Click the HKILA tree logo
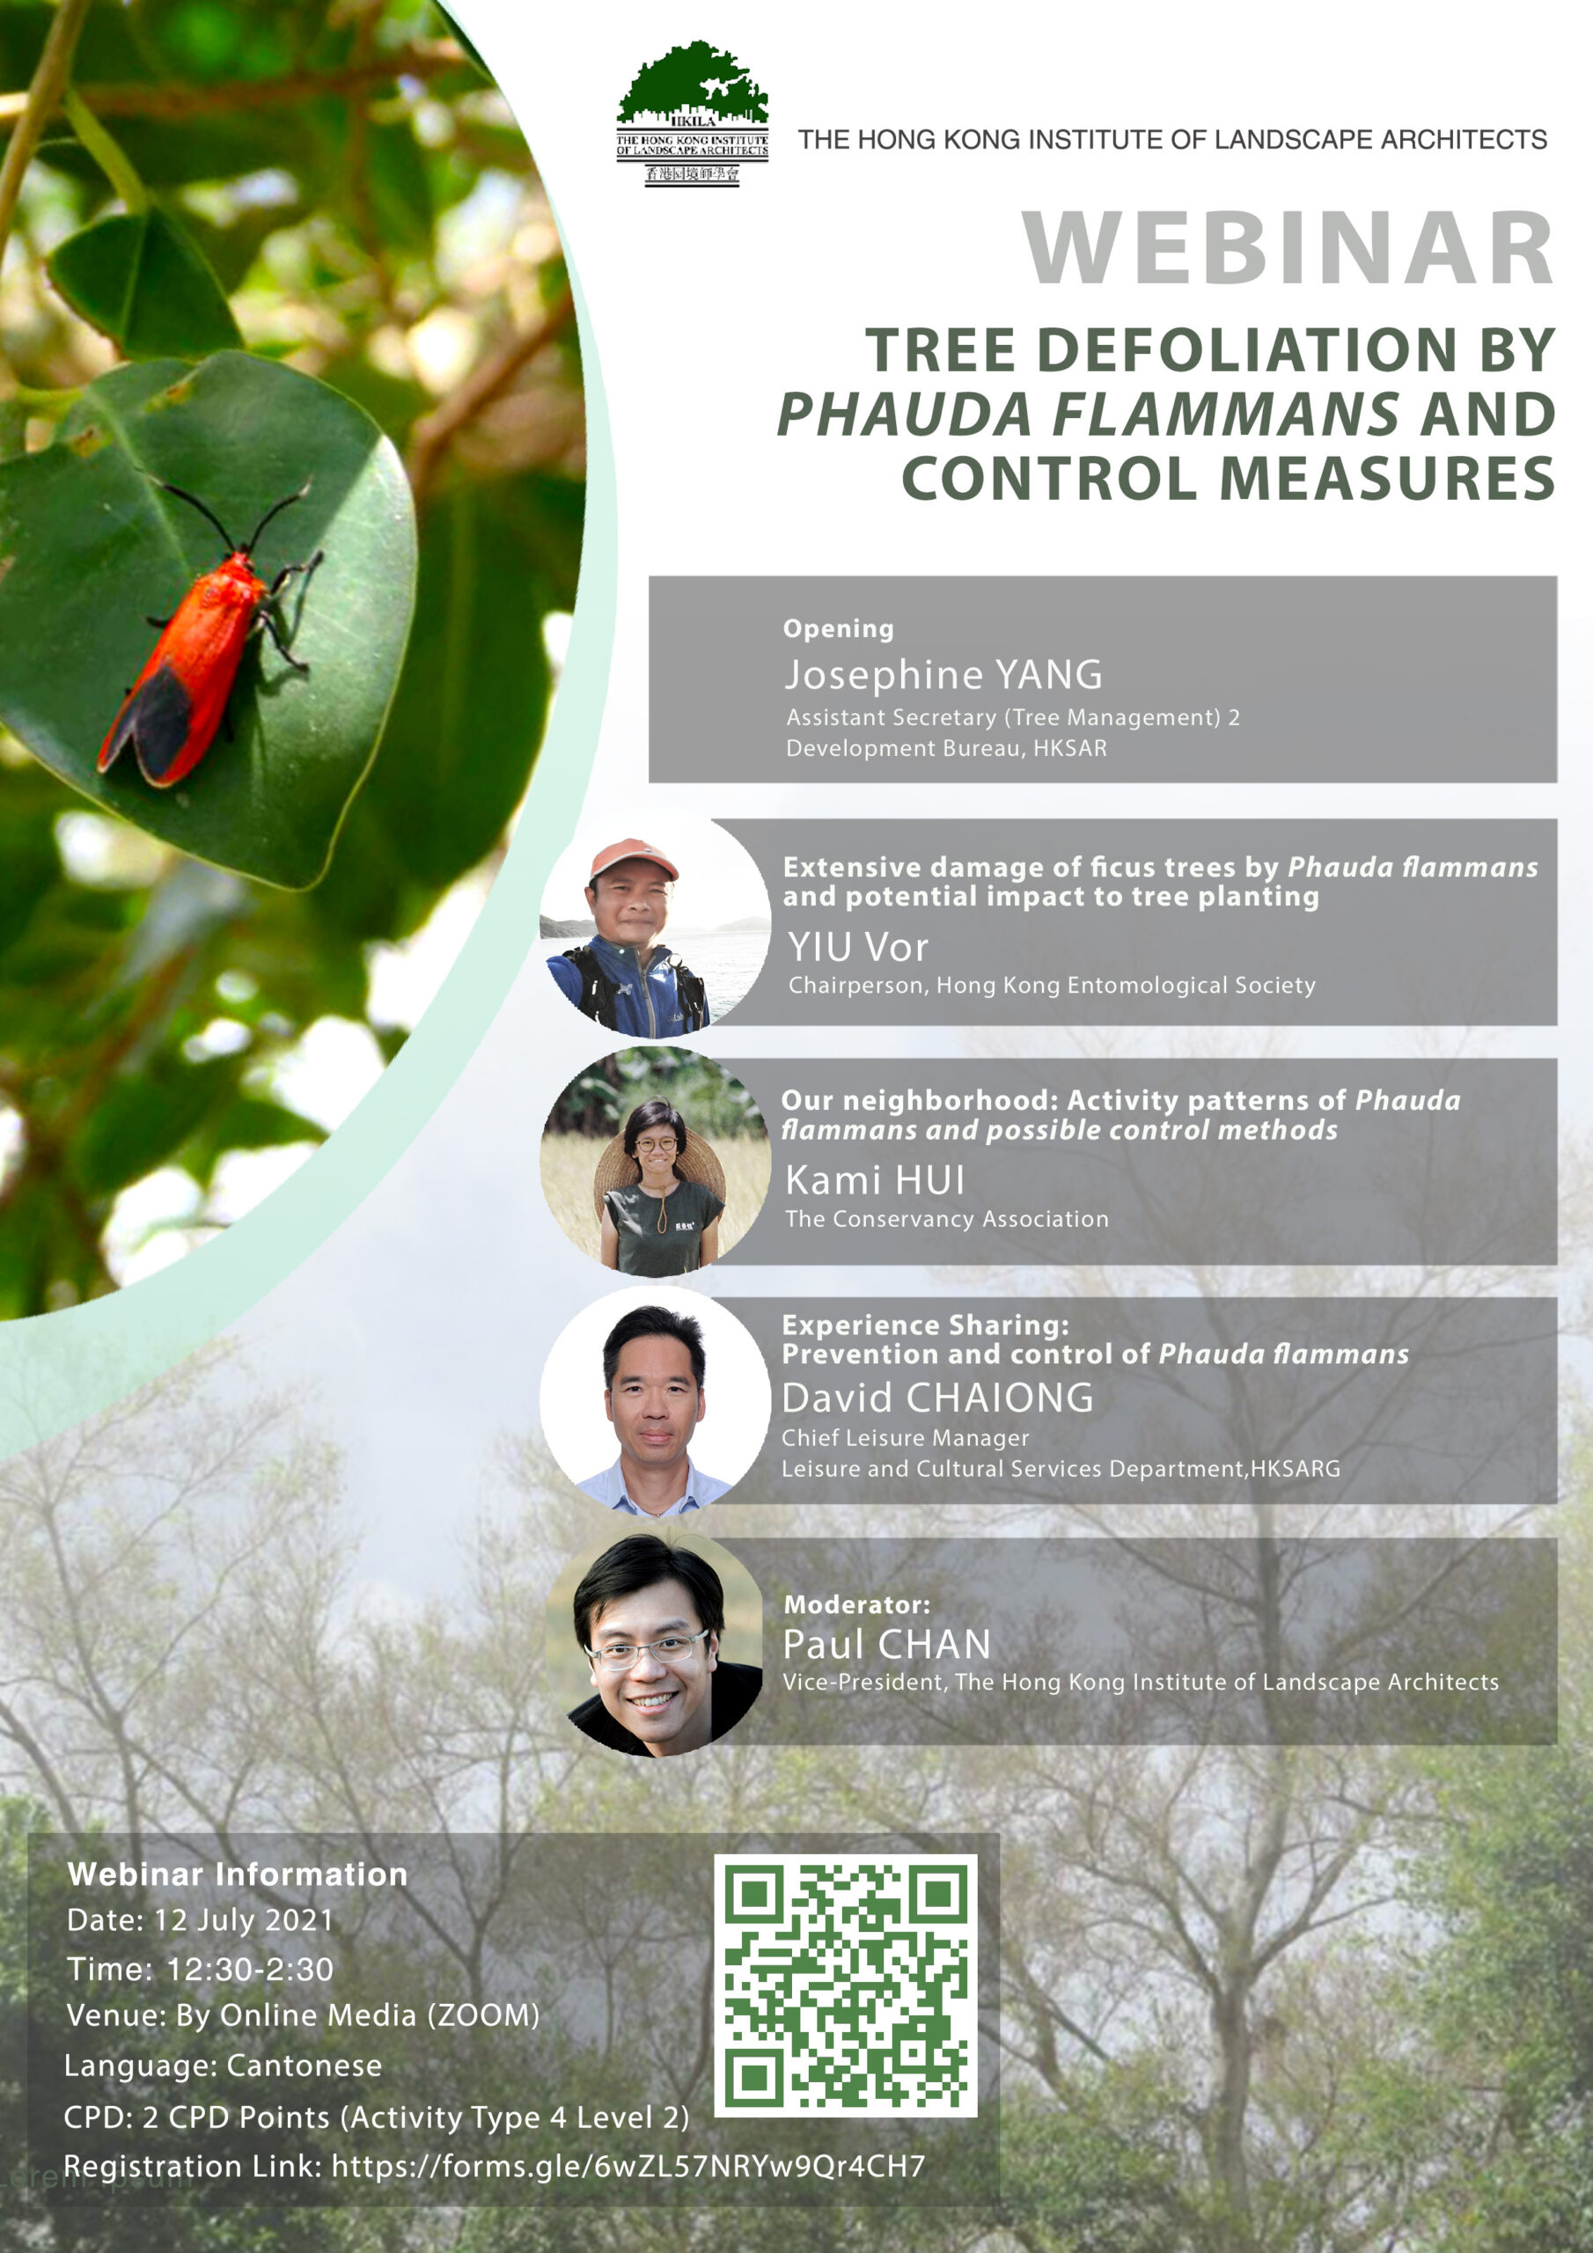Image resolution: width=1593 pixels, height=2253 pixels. click(x=692, y=113)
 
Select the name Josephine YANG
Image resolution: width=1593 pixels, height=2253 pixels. click(x=943, y=674)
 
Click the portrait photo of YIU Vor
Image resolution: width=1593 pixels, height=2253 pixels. click(x=655, y=922)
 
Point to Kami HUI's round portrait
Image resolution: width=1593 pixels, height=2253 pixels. click(x=655, y=1162)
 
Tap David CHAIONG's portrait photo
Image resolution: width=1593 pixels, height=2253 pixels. click(x=655, y=1401)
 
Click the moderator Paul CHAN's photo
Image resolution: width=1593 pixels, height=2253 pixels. click(x=655, y=1645)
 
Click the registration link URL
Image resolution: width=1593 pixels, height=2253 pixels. click(x=628, y=2166)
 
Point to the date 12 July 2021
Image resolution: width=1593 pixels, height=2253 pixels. click(x=244, y=1919)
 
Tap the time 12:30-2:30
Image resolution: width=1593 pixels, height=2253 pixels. click(x=250, y=1969)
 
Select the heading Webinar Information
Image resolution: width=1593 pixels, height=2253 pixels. click(x=238, y=1874)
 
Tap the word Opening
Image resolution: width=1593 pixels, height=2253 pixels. click(x=838, y=629)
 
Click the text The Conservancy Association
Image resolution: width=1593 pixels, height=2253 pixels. click(x=947, y=1219)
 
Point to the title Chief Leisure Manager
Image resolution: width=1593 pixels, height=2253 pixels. click(x=905, y=1437)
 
